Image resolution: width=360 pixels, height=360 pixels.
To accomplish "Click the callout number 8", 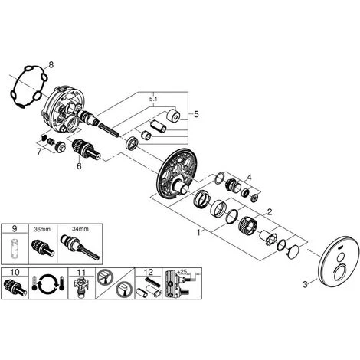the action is click(x=51, y=65).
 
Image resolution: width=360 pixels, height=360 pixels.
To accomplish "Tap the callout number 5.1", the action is click(x=153, y=99).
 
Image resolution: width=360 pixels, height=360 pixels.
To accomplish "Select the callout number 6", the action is click(x=79, y=166).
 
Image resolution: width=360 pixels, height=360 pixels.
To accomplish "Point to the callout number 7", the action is click(x=39, y=152).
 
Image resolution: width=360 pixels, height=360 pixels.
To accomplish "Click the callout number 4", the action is click(x=249, y=177).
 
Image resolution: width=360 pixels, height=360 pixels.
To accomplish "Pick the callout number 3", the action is click(x=305, y=284).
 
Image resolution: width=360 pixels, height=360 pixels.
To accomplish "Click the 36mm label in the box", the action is click(x=42, y=229).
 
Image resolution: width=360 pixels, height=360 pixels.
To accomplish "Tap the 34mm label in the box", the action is click(x=80, y=229).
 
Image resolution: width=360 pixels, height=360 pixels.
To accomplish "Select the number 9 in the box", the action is click(x=15, y=229).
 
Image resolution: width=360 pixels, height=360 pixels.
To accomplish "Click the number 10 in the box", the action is click(x=15, y=272).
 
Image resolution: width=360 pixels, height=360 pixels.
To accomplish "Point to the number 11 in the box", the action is click(x=81, y=272).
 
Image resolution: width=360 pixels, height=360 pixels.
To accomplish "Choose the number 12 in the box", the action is click(x=149, y=272).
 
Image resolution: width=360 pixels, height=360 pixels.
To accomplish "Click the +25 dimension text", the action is click(x=182, y=272).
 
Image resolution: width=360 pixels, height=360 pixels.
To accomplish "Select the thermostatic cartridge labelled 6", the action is click(x=86, y=150).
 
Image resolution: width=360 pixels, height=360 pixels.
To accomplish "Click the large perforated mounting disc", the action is click(x=178, y=172).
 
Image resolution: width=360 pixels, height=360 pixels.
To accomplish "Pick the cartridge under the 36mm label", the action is click(x=43, y=247).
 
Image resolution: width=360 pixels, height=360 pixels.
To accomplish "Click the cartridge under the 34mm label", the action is click(x=80, y=247).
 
